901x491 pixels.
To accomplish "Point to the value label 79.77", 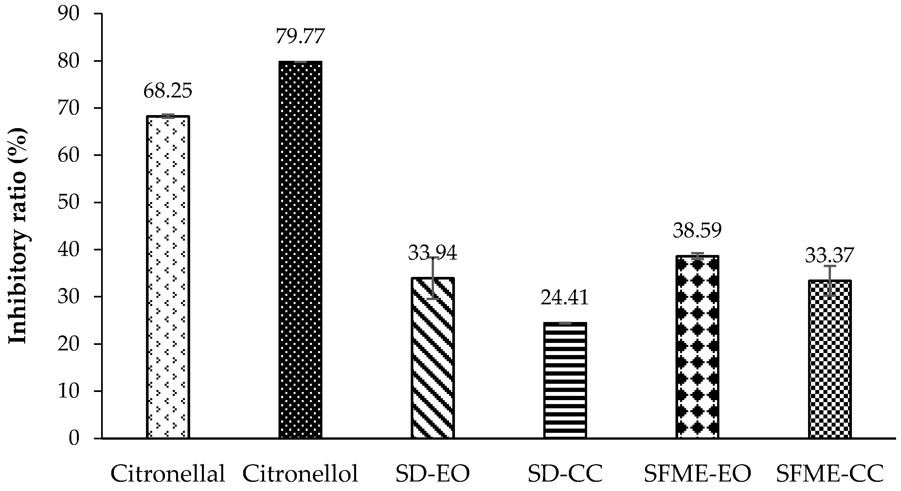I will [300, 36].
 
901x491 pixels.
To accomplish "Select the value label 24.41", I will [565, 298].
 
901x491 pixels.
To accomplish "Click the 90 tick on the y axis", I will [69, 14].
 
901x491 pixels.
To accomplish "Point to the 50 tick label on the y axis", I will [69, 202].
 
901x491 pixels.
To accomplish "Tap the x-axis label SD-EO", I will [433, 474].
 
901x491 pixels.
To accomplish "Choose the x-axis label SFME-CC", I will [829, 474].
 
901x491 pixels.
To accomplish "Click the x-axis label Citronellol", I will [300, 474].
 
